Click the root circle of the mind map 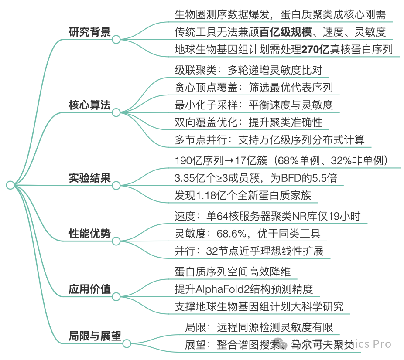[10, 185]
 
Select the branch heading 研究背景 [89, 33]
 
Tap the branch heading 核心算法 [89, 105]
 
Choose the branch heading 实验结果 [89, 178]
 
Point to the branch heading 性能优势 [89, 233]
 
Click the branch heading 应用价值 [89, 289]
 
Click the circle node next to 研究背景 [116, 40]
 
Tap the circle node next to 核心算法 [116, 112]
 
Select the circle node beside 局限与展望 [127, 343]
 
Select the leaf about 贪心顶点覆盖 [253, 87]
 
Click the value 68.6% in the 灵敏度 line [232, 234]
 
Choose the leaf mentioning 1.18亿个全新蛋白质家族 [243, 196]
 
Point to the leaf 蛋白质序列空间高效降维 [232, 272]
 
